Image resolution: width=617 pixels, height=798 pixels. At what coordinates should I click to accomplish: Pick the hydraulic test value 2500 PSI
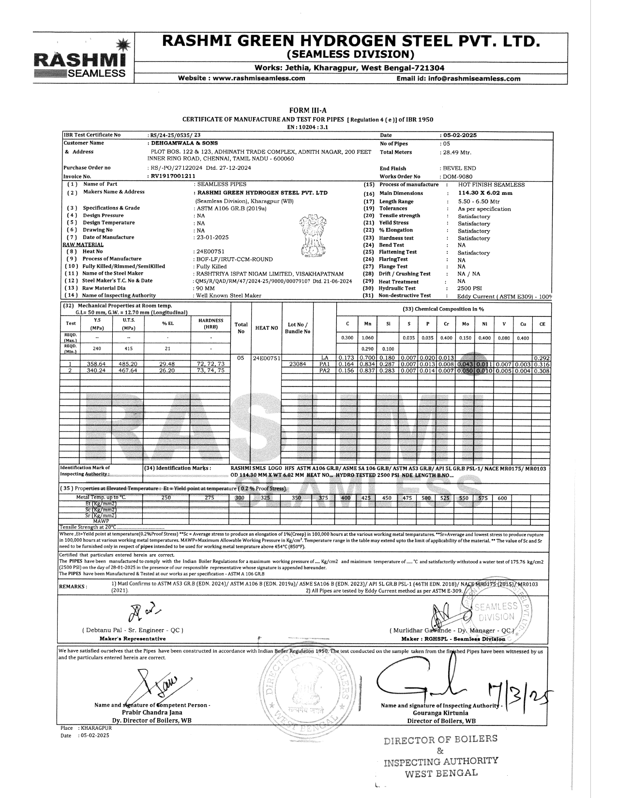[x=467, y=288]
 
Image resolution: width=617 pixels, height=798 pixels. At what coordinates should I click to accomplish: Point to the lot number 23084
[x=297, y=364]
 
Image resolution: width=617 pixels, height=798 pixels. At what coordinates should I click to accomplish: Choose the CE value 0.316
[x=542, y=364]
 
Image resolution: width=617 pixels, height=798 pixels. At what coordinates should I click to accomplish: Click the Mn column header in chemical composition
[x=367, y=324]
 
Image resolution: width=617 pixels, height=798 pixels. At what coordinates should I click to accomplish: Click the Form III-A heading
[x=307, y=111]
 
